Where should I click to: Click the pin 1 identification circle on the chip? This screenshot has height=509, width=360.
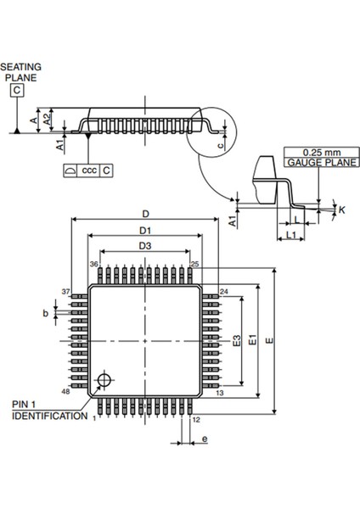pyautogui.click(x=105, y=378)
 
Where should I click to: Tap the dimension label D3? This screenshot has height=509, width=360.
pyautogui.click(x=145, y=246)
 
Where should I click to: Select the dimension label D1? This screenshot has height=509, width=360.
pyautogui.click(x=145, y=230)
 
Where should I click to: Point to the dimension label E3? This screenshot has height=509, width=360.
pyautogui.click(x=239, y=340)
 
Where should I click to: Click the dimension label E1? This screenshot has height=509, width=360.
pyautogui.click(x=252, y=340)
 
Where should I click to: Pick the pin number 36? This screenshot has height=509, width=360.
pyautogui.click(x=95, y=266)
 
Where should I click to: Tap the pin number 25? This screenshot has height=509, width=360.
pyautogui.click(x=194, y=266)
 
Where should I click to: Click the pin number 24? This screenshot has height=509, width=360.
pyautogui.click(x=225, y=291)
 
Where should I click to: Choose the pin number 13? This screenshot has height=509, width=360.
pyautogui.click(x=219, y=394)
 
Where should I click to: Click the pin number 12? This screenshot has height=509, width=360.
pyautogui.click(x=195, y=419)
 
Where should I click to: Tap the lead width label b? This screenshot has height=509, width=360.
pyautogui.click(x=47, y=313)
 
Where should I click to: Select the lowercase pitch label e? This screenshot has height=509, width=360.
pyautogui.click(x=205, y=439)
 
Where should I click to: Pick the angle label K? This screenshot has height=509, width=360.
pyautogui.click(x=341, y=209)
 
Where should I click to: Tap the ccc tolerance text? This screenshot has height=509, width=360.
pyautogui.click(x=88, y=171)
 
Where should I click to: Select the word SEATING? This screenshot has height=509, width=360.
pyautogui.click(x=20, y=65)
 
